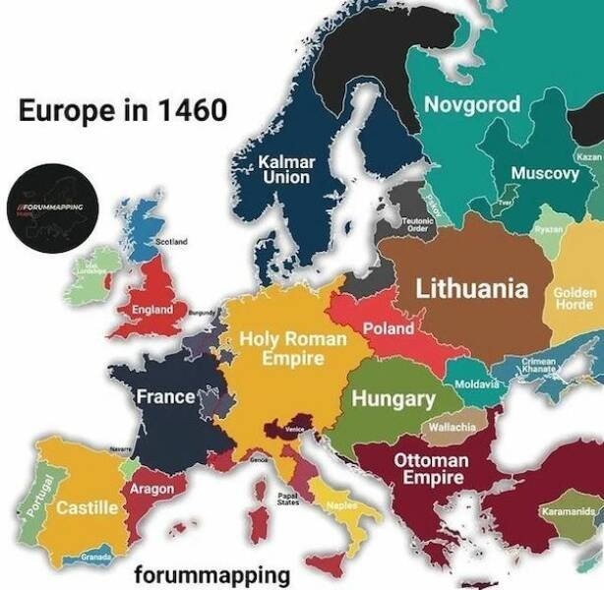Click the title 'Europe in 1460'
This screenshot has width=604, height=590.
click(122, 110)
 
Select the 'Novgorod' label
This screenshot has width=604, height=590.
click(471, 104)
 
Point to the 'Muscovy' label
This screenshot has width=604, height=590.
click(544, 173)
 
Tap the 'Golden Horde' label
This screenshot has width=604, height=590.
click(575, 298)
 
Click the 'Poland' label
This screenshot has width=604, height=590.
click(389, 328)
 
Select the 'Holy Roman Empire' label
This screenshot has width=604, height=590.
click(293, 349)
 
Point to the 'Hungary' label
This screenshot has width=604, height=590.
click(393, 399)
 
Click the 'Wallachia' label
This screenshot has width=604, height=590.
click(452, 428)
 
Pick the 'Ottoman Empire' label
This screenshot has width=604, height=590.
click(431, 469)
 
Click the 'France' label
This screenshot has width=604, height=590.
click(164, 398)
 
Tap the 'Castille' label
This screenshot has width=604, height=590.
click(88, 508)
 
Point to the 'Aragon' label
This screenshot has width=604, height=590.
click(152, 489)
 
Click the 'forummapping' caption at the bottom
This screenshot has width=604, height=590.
click(212, 574)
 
